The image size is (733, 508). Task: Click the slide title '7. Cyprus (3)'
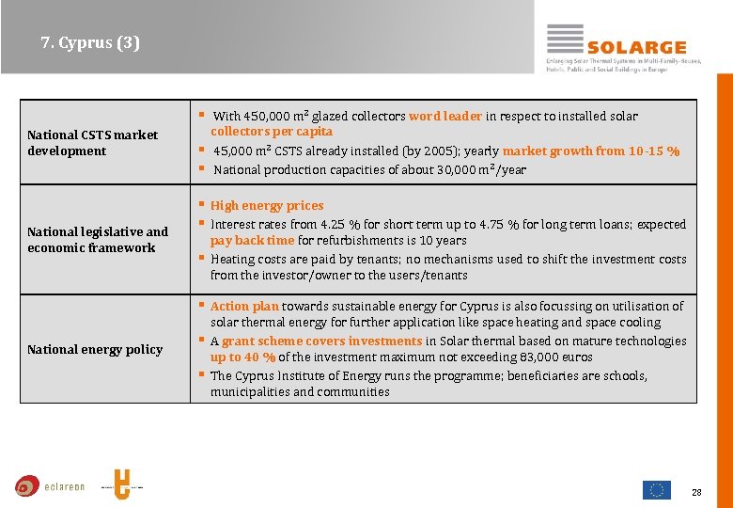tap(90, 43)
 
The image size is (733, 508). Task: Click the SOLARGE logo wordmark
tap(636, 47)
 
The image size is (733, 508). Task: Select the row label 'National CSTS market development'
tap(93, 143)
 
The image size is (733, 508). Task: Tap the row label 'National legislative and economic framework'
tap(98, 240)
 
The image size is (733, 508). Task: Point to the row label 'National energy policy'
tap(95, 349)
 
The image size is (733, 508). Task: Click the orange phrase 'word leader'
tap(445, 117)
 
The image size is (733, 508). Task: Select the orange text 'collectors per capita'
tap(272, 132)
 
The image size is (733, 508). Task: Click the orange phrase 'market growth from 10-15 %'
tap(591, 151)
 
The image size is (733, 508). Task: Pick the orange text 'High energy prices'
tap(267, 206)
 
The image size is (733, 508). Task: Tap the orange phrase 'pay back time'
tap(252, 241)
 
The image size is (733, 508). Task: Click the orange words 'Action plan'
tap(244, 307)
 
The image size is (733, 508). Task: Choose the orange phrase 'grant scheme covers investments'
tap(322, 341)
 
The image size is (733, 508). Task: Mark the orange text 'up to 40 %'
tap(242, 357)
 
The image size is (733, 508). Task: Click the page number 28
tap(696, 492)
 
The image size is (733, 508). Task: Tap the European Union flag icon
tap(656, 489)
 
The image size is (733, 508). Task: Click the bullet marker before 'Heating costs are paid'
tap(201, 258)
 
